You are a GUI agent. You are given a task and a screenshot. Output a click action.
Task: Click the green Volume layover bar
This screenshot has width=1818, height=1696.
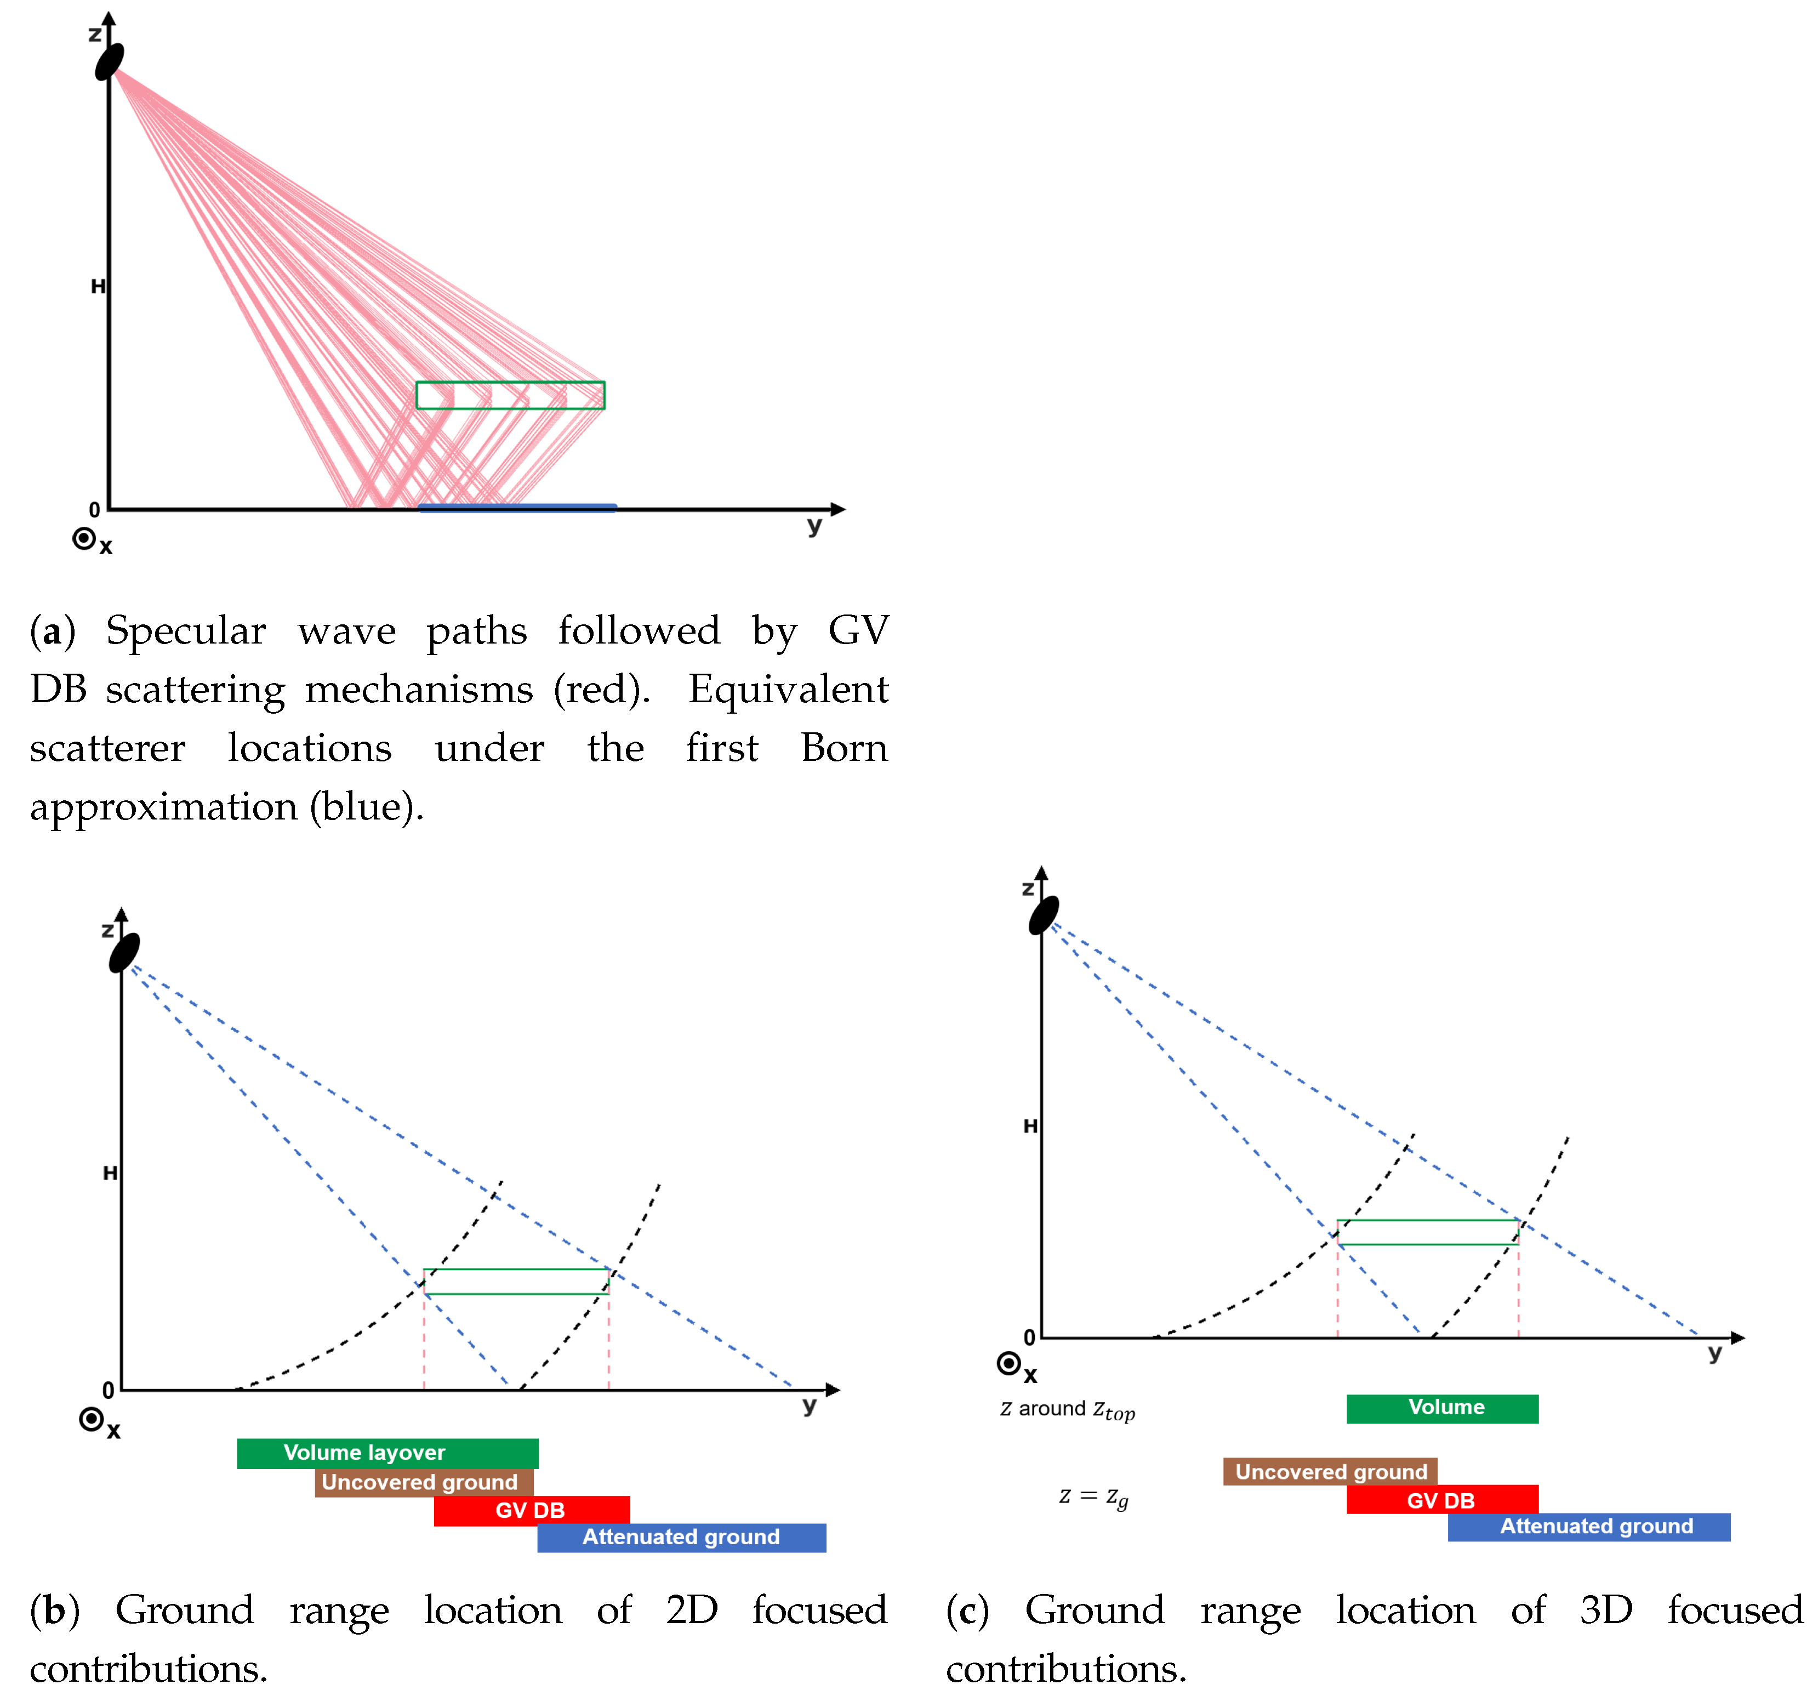tap(387, 1454)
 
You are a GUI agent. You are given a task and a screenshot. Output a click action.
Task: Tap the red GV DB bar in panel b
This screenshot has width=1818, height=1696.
tap(531, 1510)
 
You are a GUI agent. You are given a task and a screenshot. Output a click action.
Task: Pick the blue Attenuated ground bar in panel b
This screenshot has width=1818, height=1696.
tap(681, 1538)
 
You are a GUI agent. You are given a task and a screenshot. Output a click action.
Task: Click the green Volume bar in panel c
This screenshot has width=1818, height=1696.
tap(1442, 1409)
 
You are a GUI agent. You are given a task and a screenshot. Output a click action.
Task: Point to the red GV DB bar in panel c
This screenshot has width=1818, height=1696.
tap(1442, 1500)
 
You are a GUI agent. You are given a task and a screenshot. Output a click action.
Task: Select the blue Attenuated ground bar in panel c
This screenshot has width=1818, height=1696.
tap(1588, 1527)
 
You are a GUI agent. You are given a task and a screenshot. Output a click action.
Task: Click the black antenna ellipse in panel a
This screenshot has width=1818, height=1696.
tap(110, 61)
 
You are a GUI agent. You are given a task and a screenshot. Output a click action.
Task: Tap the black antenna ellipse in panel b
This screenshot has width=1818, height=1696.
tap(124, 952)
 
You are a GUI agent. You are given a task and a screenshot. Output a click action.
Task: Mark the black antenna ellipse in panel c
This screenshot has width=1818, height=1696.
tap(1044, 915)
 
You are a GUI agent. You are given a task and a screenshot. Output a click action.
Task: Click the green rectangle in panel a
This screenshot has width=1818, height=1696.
tap(510, 395)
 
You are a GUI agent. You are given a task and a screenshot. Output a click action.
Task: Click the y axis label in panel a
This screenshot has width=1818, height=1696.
tap(814, 526)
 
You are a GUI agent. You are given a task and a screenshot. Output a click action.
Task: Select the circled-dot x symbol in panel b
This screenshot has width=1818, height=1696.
tap(92, 1420)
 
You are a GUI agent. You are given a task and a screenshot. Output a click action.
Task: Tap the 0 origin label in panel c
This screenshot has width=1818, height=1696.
tap(1029, 1338)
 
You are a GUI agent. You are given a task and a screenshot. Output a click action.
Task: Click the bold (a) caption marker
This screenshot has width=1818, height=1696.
tap(52, 631)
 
